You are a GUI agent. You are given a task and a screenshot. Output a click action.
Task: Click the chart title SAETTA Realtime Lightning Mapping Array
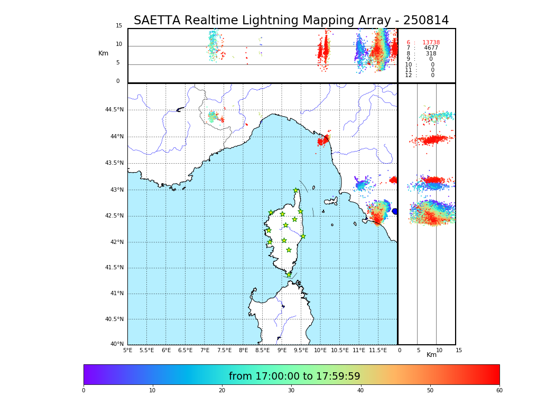click(x=291, y=21)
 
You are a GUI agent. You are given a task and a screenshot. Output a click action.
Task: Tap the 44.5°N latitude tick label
click(x=114, y=110)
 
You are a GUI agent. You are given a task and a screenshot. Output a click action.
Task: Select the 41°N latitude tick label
click(x=116, y=294)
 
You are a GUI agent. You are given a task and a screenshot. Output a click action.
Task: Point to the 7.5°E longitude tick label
click(x=224, y=350)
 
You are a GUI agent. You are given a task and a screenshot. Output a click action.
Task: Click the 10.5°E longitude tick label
click(x=339, y=350)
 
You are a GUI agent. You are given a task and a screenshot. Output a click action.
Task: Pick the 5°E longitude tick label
click(x=128, y=350)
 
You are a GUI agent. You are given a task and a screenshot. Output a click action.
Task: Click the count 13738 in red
click(x=431, y=43)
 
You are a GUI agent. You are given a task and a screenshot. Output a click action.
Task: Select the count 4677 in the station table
click(x=431, y=48)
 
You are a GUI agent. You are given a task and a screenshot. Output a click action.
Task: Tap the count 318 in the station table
click(x=431, y=54)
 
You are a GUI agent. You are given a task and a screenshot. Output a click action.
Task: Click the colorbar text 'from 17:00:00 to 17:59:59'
click(x=294, y=376)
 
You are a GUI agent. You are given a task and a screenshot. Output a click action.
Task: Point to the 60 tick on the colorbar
click(x=499, y=391)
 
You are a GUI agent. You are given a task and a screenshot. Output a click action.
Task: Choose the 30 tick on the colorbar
click(x=291, y=391)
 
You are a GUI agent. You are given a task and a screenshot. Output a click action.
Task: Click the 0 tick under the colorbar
click(x=84, y=391)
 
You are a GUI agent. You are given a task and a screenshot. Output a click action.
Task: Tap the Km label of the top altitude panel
click(x=103, y=53)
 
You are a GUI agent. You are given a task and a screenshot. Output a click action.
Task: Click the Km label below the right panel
click(x=431, y=355)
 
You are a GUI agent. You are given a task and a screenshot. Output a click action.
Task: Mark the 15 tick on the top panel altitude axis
click(x=119, y=26)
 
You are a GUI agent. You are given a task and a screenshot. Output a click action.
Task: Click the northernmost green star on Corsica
click(x=296, y=191)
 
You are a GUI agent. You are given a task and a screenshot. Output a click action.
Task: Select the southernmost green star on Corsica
click(x=289, y=275)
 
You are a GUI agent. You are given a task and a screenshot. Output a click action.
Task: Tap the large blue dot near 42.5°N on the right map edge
click(x=394, y=211)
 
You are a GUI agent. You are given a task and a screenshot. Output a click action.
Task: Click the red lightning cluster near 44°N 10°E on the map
click(x=323, y=140)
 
